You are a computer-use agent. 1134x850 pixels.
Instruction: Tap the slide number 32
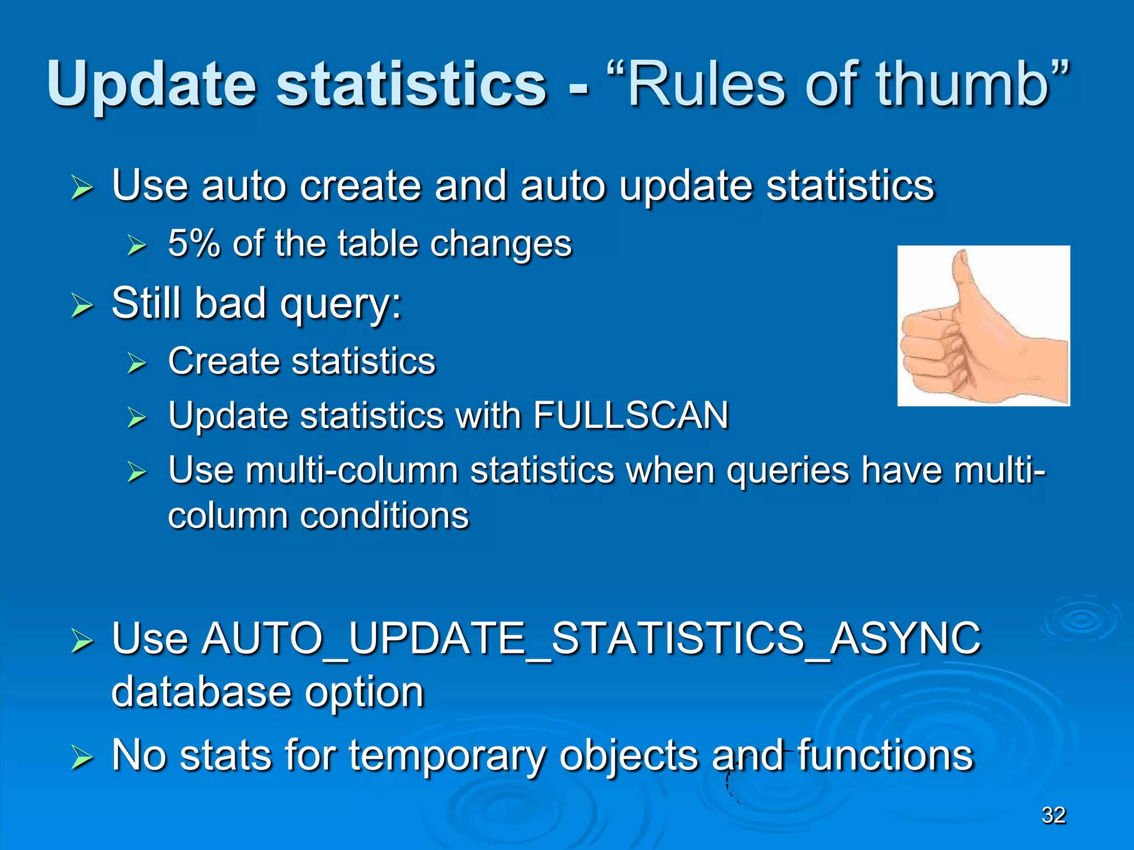1054,815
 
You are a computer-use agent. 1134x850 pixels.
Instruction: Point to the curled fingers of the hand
930,354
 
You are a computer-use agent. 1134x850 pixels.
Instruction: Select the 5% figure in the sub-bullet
194,243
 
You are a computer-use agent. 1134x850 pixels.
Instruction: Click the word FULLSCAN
631,415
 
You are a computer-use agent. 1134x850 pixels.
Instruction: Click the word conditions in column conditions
384,516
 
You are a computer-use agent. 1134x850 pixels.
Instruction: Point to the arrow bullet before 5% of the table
136,245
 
